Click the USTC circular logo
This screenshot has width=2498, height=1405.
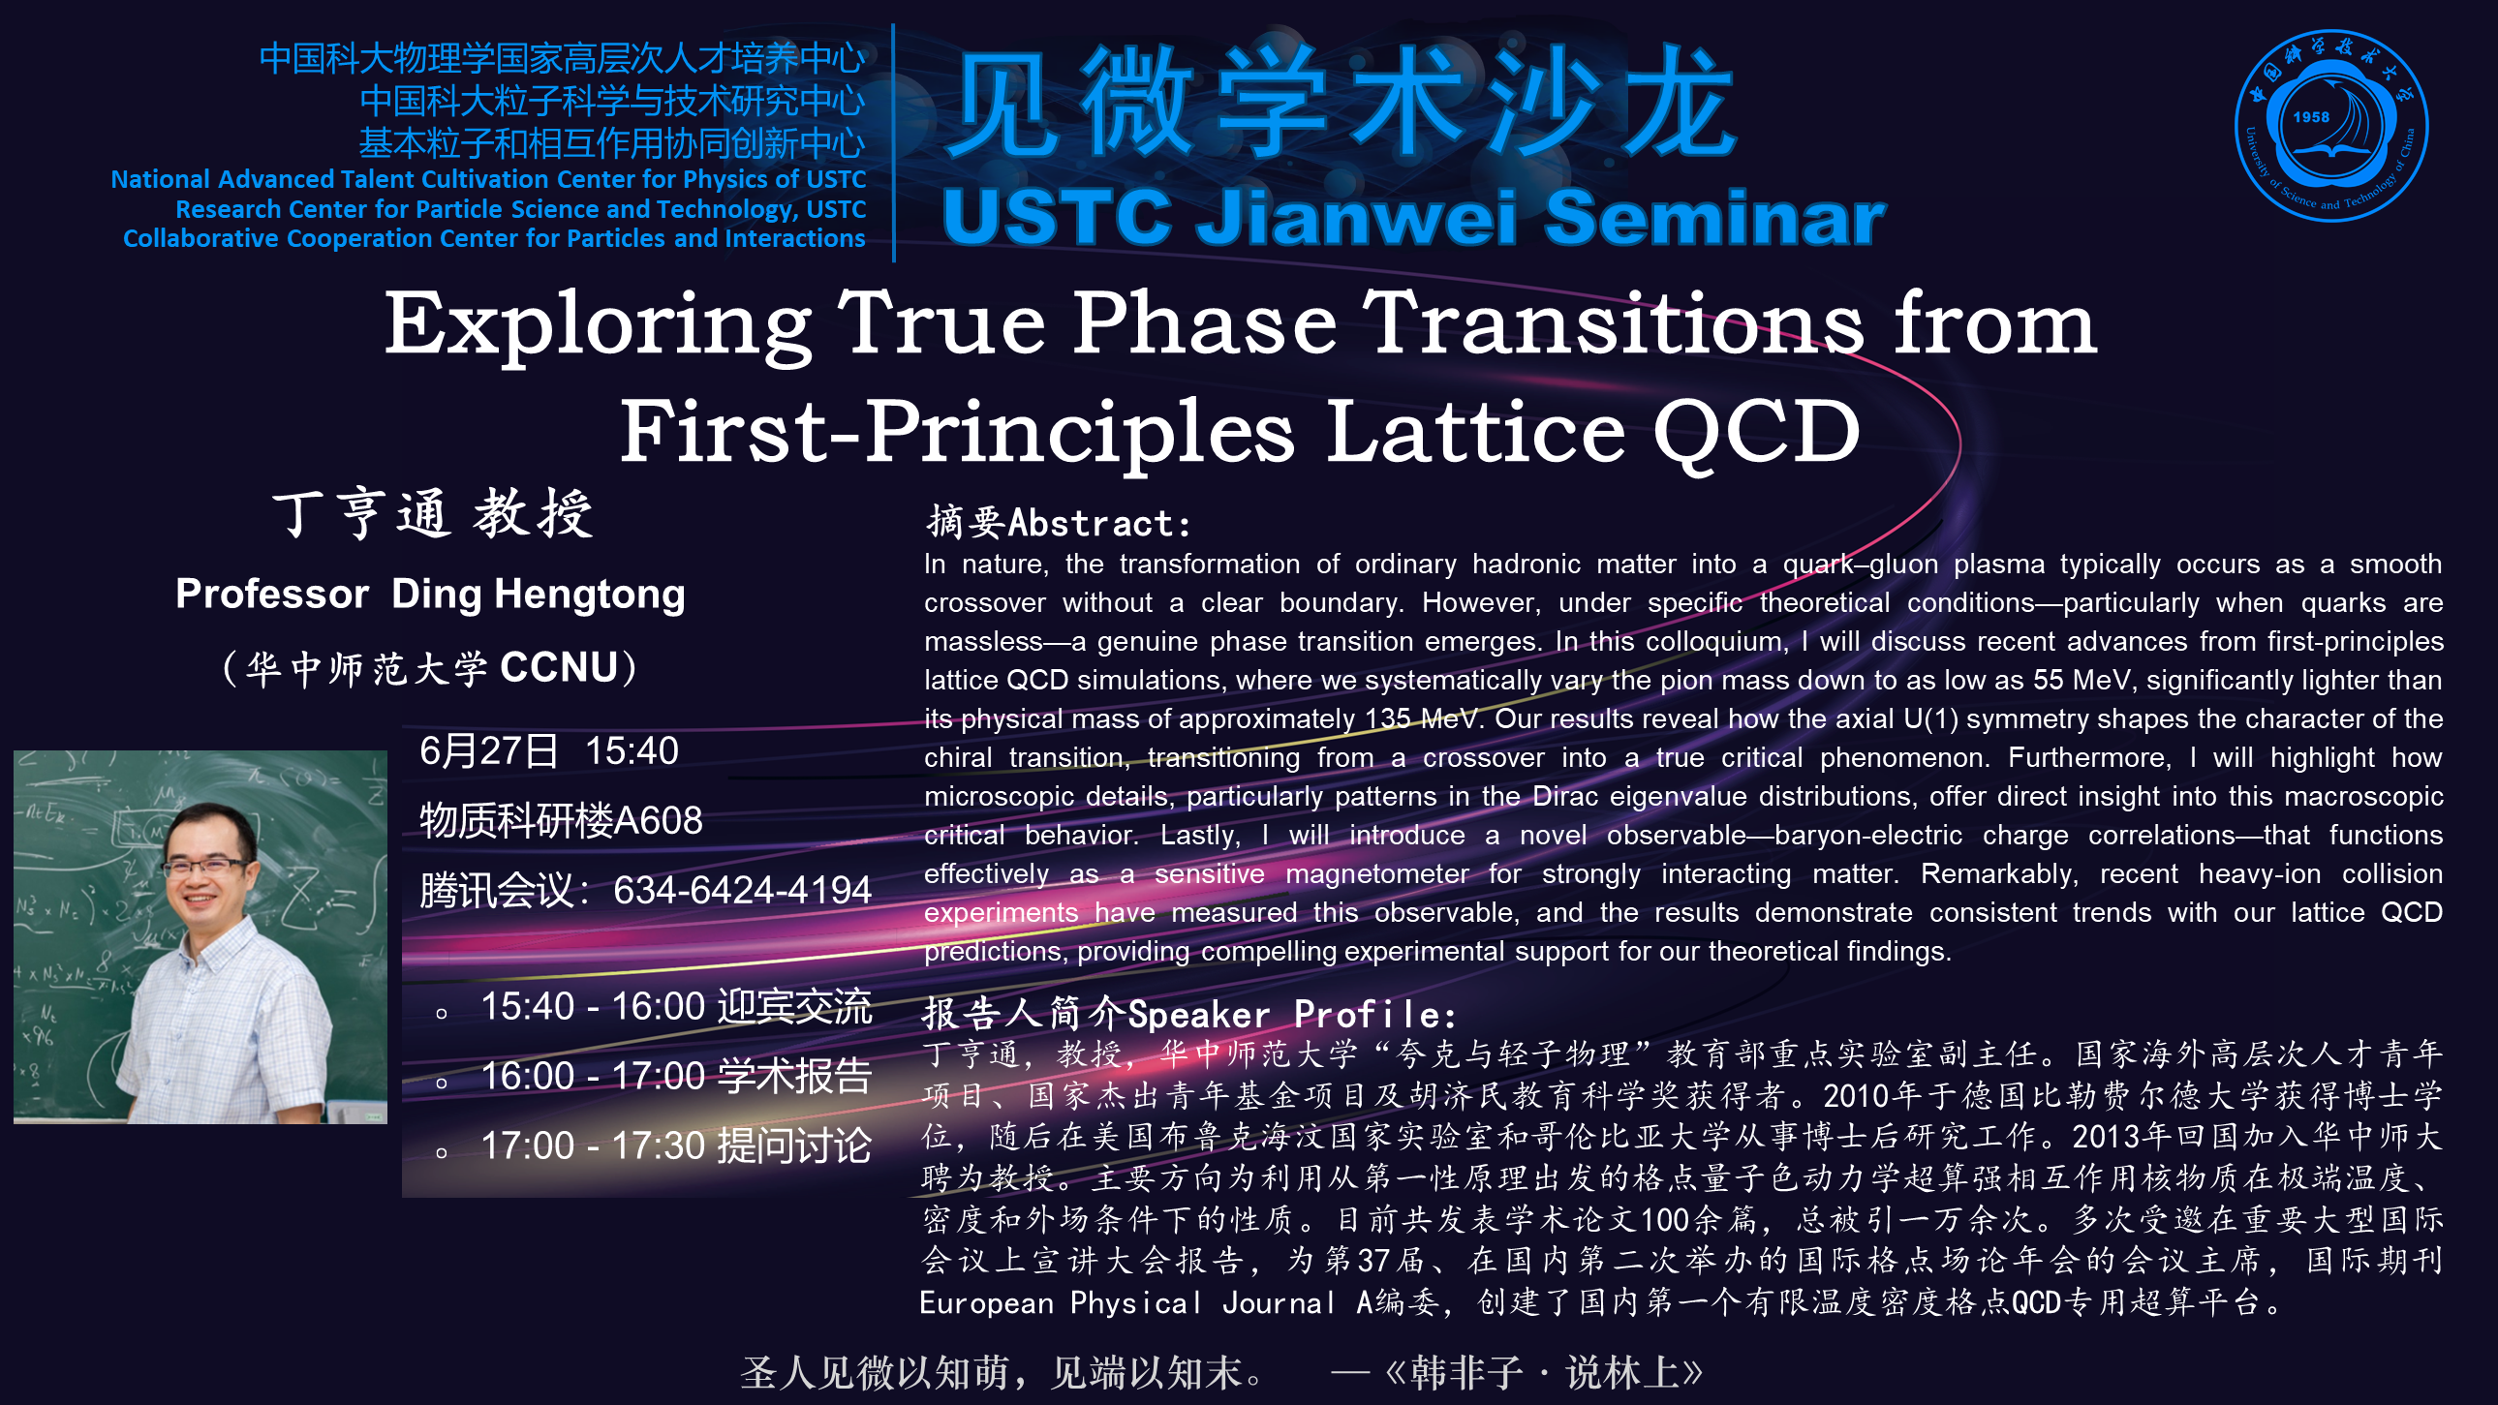2331,126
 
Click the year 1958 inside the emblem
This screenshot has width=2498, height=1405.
2311,117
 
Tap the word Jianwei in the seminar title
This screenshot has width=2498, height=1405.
1357,217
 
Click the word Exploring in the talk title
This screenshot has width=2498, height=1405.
599,324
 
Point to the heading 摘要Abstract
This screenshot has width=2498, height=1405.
1058,523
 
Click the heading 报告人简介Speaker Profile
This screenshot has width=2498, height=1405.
1188,1013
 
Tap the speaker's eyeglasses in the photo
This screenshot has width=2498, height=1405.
205,866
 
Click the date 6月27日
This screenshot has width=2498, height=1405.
489,750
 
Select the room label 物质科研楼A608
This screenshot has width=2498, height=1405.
561,820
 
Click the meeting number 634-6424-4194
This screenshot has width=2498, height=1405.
742,890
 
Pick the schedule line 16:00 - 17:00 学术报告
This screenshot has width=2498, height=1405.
676,1077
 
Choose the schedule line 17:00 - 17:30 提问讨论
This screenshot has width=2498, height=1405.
676,1146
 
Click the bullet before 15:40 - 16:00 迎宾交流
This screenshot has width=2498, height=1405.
442,1014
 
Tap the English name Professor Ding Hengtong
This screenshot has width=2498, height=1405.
431,594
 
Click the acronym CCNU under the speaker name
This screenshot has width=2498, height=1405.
559,667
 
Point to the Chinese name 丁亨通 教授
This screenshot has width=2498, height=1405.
433,514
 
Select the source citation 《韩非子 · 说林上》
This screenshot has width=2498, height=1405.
1544,1372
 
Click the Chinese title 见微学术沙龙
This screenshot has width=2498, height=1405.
1342,102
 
